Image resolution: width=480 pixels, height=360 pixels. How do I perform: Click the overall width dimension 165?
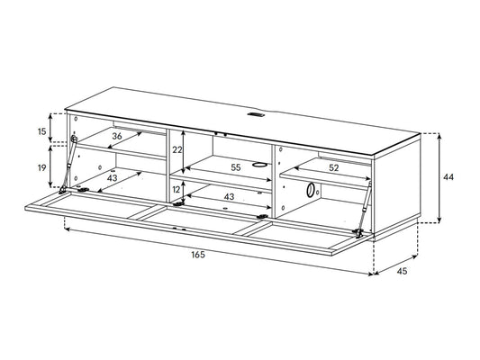pos(198,254)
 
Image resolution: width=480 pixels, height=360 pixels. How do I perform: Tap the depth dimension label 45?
pos(402,271)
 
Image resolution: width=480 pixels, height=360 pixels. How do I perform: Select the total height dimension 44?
pos(448,177)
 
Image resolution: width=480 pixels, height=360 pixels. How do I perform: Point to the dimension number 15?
pos(42,131)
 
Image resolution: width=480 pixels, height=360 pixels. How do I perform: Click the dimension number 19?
pos(42,167)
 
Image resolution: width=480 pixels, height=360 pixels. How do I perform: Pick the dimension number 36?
pos(117,136)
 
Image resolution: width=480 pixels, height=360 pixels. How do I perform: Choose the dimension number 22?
pos(177,150)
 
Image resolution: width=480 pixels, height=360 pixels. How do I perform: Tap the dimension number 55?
pos(236,167)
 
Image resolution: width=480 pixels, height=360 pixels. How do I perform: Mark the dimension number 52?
pos(334,167)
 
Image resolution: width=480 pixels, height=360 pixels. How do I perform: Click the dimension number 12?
pos(177,190)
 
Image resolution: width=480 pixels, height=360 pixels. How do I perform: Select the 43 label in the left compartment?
pos(112,177)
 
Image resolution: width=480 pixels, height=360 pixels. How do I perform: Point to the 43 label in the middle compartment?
pos(229,197)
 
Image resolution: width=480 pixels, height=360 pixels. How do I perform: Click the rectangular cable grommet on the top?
pos(255,115)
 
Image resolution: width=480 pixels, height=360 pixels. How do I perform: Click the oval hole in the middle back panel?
pos(259,165)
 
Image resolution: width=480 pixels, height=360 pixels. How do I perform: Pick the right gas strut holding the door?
pos(365,210)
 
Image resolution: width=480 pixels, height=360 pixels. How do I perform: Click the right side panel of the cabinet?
pos(397,187)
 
